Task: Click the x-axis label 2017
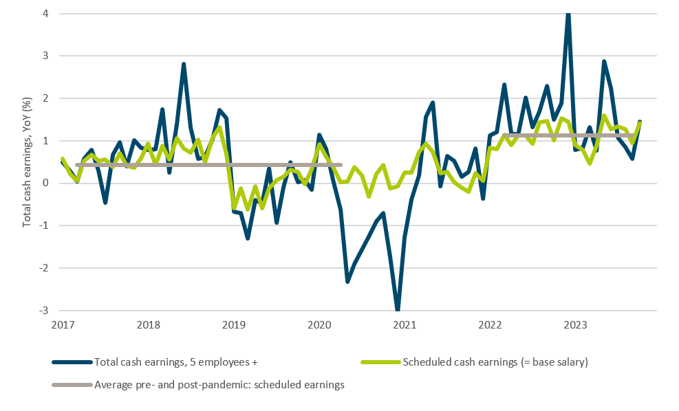point(62,324)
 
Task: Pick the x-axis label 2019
point(233,324)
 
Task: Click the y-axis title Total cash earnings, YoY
point(28,162)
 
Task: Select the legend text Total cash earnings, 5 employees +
point(176,362)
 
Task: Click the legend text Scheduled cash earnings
point(495,362)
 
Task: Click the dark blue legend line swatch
point(72,362)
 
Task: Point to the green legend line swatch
point(380,362)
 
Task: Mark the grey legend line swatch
point(72,385)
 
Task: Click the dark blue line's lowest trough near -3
point(398,309)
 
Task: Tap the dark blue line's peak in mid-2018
point(184,64)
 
